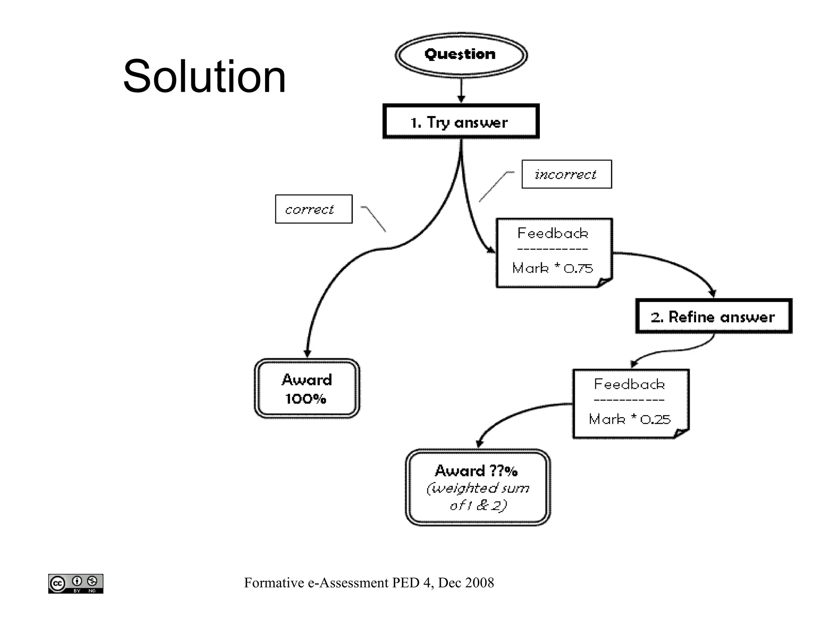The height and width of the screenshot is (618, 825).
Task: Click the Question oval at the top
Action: (x=461, y=55)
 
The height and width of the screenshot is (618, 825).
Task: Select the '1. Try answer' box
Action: (x=460, y=122)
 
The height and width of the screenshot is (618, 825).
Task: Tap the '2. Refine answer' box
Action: (x=713, y=316)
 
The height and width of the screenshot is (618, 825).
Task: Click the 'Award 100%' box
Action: (x=307, y=389)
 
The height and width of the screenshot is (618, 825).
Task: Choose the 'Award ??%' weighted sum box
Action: (x=478, y=487)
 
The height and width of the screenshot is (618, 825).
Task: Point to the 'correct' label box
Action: (x=313, y=209)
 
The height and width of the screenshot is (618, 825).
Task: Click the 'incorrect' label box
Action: (x=566, y=174)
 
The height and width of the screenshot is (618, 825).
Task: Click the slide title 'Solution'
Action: (x=204, y=76)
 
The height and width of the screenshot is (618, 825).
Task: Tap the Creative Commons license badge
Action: (x=76, y=583)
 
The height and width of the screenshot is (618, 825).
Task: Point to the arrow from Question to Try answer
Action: (x=461, y=91)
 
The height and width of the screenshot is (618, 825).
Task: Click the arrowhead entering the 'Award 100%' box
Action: (x=307, y=353)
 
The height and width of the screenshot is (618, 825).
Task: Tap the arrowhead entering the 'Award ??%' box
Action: (x=479, y=443)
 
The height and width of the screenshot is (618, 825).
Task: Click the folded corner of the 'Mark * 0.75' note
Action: (x=604, y=282)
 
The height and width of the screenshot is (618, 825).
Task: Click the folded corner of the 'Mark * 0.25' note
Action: (x=680, y=433)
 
